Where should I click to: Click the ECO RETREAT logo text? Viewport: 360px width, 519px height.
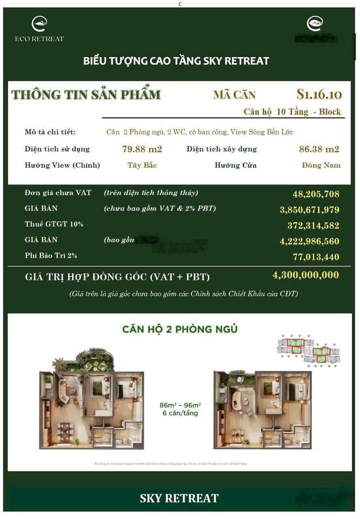pos(39,39)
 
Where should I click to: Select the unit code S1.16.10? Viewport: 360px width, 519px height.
pos(319,94)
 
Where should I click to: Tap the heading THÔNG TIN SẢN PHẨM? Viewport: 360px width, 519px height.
pos(86,94)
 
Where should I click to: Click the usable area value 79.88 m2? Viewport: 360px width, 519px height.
pos(142,149)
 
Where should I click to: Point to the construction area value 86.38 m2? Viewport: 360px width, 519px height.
pos(319,149)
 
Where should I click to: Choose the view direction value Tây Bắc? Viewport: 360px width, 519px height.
pos(142,165)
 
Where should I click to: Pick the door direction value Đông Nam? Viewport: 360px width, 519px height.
pos(321,165)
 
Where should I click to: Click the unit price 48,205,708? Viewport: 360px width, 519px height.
pos(316,194)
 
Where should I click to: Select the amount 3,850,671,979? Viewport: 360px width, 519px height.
pos(309,210)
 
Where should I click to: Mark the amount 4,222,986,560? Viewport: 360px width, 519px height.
pos(309,242)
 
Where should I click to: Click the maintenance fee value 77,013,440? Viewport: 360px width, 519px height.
pos(316,257)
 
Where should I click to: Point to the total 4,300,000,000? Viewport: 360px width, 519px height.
pos(306,275)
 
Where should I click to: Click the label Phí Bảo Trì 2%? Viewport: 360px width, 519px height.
pos(51,256)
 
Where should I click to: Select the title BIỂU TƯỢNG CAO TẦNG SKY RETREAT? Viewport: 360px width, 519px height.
pos(176,61)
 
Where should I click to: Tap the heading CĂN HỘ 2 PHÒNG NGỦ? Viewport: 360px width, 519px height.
pos(180,329)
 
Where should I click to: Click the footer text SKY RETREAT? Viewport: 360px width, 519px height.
pos(179,498)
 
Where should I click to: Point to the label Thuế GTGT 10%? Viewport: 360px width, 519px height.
pos(54,224)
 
